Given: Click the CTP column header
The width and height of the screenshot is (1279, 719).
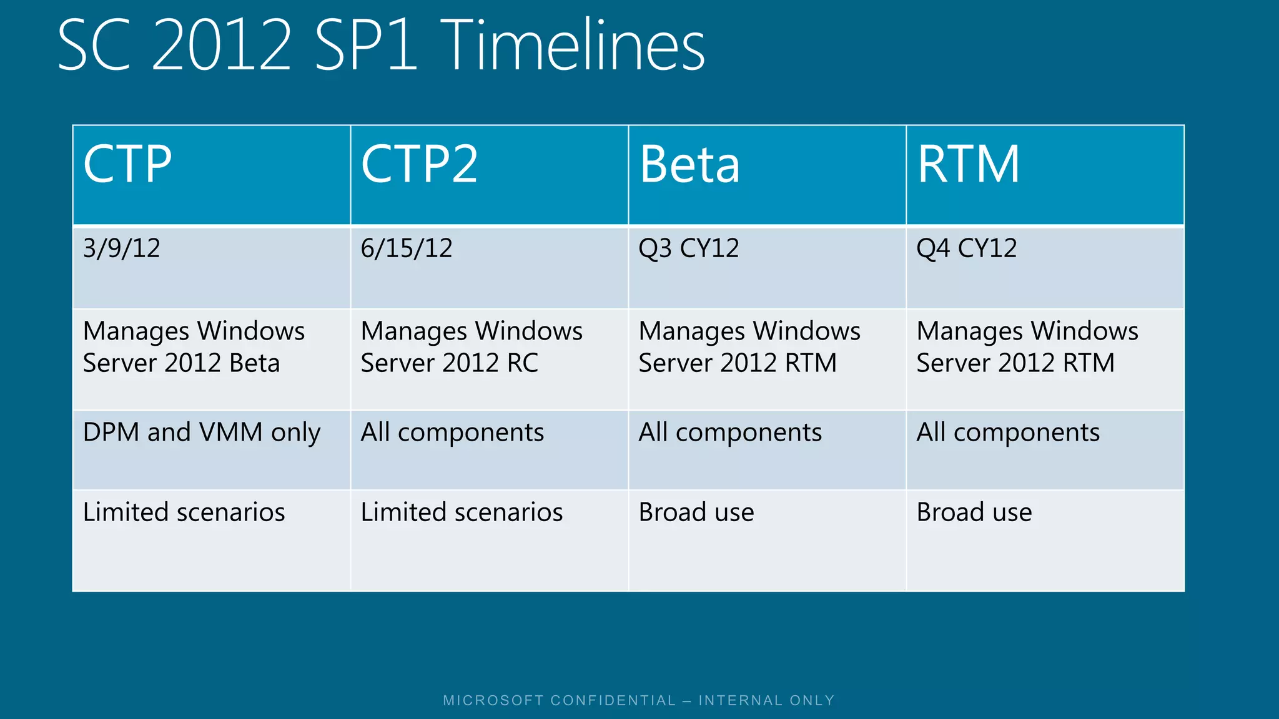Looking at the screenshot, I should coord(127,164).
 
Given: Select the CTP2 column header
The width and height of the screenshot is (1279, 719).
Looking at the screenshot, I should coord(419,164).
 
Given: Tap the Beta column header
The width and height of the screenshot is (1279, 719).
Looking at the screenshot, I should coord(689,164).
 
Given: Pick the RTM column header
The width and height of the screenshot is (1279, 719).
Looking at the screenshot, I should coord(968,164).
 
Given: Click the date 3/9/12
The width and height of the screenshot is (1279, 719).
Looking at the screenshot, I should coord(122,248).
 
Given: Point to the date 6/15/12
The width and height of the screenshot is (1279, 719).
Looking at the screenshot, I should coord(407,248).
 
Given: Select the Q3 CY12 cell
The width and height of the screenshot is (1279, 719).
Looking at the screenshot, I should coord(688,248).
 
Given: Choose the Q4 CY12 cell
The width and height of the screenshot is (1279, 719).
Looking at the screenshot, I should coord(966,248).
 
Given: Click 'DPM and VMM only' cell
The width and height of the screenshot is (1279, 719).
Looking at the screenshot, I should coord(202,433).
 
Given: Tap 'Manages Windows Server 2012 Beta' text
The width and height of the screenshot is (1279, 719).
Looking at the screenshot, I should coord(194,347).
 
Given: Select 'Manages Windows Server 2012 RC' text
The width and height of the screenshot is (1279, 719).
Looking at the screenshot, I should coord(472,347).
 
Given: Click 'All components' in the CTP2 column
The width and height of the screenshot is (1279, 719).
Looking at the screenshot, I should coord(452,433).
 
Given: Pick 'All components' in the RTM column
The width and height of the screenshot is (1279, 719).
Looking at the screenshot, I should coord(1008,433).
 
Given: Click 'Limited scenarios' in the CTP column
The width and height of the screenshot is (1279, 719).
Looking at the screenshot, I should coord(184,512).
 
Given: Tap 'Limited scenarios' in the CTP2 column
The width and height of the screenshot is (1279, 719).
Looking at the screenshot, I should coord(462,512).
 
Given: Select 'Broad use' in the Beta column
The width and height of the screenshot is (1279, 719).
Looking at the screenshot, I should coord(696,512).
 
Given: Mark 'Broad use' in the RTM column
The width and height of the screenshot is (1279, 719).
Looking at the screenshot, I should coord(974,512).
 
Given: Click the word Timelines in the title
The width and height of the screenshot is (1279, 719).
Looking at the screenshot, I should coord(575,45).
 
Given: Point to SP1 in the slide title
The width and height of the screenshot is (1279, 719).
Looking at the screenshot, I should coord(366,45).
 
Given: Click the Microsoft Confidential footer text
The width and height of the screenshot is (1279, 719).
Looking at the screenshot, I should coord(639,700).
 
